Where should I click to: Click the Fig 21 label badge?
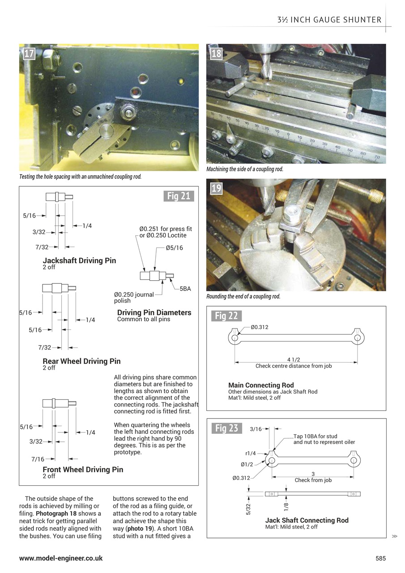[x=179, y=196]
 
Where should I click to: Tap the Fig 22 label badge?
[x=226, y=316]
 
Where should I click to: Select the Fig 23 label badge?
[x=226, y=428]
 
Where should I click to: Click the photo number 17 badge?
[x=29, y=54]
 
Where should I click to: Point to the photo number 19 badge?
[x=216, y=188]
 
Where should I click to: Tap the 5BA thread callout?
[x=185, y=289]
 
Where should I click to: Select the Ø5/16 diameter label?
[x=174, y=248]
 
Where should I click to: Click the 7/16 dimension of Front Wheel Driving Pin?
[x=38, y=459]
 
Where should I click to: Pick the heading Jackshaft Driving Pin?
[x=79, y=261]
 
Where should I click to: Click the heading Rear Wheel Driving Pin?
[x=81, y=361]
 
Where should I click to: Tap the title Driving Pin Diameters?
[x=154, y=312]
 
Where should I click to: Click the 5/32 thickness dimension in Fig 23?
[x=249, y=509]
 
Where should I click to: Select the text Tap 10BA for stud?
[x=315, y=436]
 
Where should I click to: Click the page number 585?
[x=380, y=558]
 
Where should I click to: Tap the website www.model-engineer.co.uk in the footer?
[x=61, y=558]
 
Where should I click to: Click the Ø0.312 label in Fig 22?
[x=259, y=327]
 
